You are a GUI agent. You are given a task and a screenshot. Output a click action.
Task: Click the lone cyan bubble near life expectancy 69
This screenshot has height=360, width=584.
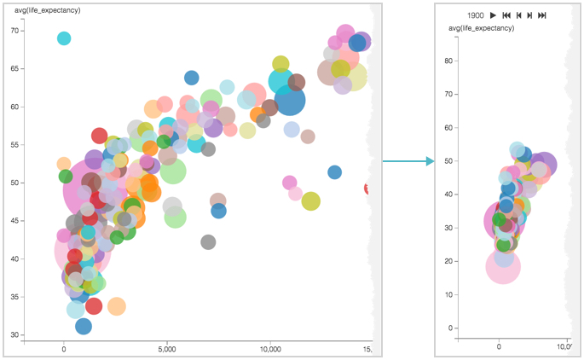[64, 38]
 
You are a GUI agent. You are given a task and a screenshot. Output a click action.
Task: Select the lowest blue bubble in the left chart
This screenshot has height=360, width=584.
[84, 326]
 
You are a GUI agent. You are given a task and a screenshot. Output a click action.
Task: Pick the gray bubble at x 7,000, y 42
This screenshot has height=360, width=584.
[208, 242]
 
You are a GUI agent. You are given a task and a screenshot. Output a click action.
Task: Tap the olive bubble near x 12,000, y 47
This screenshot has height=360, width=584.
[310, 201]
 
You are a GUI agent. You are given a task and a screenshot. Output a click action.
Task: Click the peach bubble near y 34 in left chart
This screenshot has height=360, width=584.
[116, 305]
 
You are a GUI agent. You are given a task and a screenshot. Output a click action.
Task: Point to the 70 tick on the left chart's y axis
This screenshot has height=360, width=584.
[14, 31]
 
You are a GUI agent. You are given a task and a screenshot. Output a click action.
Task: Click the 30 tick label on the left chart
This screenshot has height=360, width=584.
[14, 334]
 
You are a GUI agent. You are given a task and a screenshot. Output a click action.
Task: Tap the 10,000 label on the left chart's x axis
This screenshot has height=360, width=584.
[270, 350]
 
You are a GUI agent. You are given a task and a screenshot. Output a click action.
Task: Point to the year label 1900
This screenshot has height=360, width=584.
[476, 15]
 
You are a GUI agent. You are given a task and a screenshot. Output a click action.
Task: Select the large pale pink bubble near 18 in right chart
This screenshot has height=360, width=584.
[504, 266]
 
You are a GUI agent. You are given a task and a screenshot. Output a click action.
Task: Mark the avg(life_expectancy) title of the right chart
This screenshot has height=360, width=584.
[482, 28]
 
